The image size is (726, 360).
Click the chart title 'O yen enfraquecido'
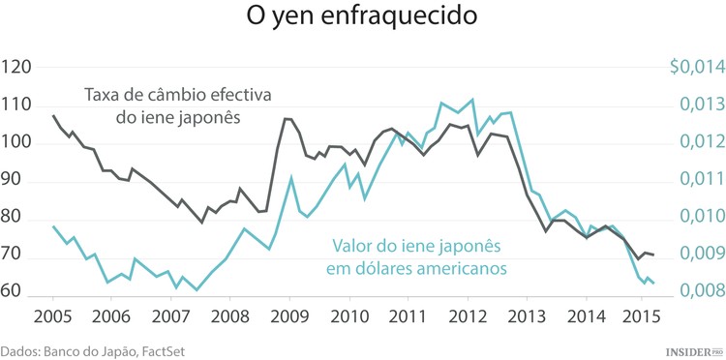[361, 19]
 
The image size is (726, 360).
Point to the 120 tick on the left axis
[18, 68]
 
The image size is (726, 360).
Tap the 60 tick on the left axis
[18, 291]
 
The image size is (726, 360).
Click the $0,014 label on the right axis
[695, 67]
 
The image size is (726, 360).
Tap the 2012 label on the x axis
[469, 315]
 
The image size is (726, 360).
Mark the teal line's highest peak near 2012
[471, 99]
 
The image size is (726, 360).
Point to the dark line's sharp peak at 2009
[286, 118]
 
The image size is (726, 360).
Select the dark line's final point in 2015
[653, 255]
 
